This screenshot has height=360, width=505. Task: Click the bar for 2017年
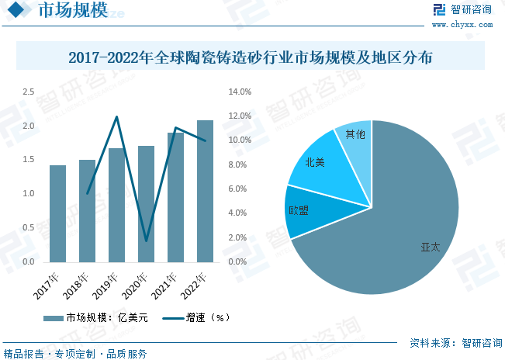click(x=57, y=213)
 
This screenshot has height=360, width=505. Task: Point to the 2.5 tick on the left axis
click(x=28, y=92)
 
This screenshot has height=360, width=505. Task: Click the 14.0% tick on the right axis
click(x=240, y=92)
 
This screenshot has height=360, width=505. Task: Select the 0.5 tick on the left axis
click(x=28, y=228)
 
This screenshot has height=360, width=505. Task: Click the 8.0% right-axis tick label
click(x=240, y=164)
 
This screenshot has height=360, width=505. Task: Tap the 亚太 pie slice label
click(x=430, y=247)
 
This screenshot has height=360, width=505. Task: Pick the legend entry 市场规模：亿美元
click(x=93, y=317)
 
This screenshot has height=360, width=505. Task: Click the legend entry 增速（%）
click(x=197, y=317)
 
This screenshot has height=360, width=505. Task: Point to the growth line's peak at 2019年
click(x=116, y=117)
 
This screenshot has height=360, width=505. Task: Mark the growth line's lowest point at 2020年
click(x=146, y=241)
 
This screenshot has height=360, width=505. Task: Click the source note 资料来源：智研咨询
click(x=451, y=342)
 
